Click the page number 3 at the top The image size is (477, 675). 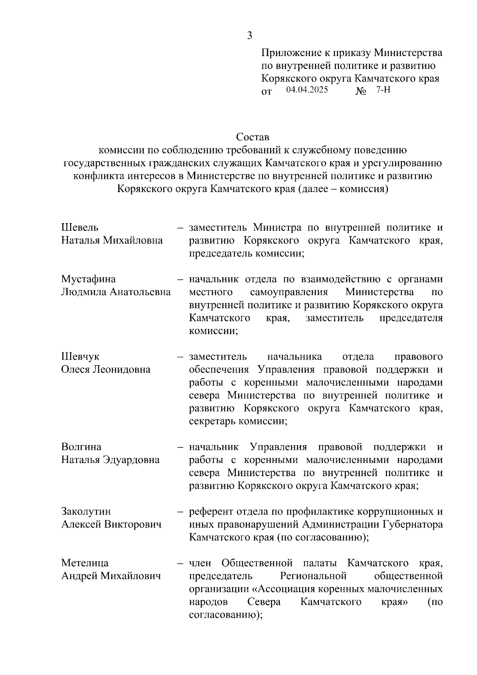click(x=249, y=36)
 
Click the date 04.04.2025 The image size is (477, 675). click(x=307, y=90)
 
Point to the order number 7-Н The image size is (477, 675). click(x=383, y=90)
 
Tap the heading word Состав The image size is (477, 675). click(x=252, y=137)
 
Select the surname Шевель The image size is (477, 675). click(x=80, y=228)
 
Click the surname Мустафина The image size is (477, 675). click(x=88, y=279)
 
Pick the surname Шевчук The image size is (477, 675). click(x=80, y=356)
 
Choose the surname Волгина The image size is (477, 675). click(x=81, y=447)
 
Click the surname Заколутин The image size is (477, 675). click(x=86, y=512)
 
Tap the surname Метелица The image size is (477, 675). click(x=85, y=563)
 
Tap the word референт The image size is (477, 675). click(x=211, y=512)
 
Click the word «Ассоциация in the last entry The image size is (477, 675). click(x=295, y=589)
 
